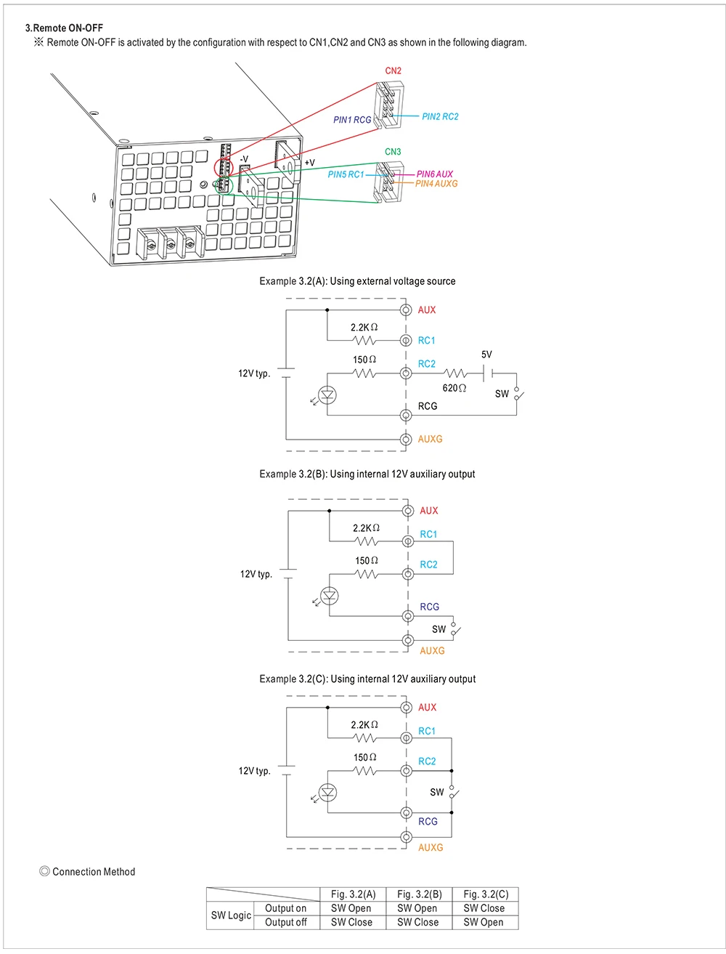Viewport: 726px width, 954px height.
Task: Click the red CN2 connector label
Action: [393, 71]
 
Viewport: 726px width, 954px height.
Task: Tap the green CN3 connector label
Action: [392, 152]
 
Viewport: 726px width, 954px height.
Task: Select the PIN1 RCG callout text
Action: [351, 119]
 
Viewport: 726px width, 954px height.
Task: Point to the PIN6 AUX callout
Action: [434, 174]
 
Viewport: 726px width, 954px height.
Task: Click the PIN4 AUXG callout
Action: [436, 183]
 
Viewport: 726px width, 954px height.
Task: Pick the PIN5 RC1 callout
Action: [345, 174]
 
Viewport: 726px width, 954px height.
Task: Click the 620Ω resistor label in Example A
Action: [454, 388]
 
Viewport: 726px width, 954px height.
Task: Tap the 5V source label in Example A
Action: [486, 355]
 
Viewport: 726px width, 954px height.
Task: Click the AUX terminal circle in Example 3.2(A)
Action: [406, 310]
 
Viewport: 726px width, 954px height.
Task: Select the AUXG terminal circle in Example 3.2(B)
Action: [407, 640]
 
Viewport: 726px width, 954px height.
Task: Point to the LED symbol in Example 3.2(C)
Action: [327, 792]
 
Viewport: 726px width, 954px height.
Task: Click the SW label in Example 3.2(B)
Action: [439, 629]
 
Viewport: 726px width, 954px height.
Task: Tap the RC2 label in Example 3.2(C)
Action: [426, 761]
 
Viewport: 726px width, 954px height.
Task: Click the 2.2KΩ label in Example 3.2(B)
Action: [366, 527]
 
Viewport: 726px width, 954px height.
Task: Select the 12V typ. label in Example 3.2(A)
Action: [254, 373]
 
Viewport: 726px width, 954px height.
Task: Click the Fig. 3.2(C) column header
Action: [485, 894]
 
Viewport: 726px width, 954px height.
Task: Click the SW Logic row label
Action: [231, 915]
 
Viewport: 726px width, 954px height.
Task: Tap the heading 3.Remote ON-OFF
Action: [64, 28]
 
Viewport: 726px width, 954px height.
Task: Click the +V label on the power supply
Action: [309, 163]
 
